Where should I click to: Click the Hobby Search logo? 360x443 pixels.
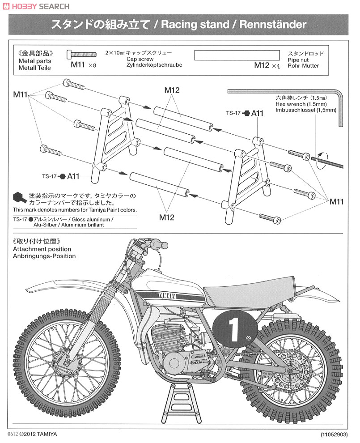pyautogui.click(x=36, y=6)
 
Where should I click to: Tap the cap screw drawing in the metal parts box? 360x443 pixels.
pyautogui.click(x=82, y=55)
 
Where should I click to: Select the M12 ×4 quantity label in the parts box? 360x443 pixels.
pyautogui.click(x=267, y=65)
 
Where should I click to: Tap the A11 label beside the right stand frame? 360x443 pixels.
pyautogui.click(x=258, y=114)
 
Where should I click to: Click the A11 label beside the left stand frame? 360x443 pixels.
pyautogui.click(x=73, y=176)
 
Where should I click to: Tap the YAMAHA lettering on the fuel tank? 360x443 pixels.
pyautogui.click(x=166, y=296)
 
